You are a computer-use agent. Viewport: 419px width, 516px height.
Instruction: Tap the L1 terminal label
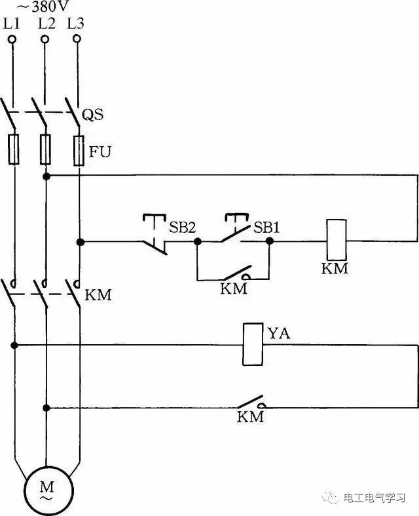tap(12, 24)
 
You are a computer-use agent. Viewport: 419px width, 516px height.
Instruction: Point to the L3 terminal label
tap(77, 24)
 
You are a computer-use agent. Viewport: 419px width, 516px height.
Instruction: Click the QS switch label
tap(93, 116)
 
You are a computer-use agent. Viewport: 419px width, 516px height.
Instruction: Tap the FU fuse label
tap(100, 153)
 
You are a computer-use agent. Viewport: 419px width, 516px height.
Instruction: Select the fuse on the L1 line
tap(13, 149)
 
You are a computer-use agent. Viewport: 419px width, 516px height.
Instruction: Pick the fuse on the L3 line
tap(79, 149)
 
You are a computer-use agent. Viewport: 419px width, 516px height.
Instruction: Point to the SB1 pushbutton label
tap(266, 227)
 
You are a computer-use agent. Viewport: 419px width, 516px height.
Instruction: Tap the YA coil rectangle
tap(252, 344)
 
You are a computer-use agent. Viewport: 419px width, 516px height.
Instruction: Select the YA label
tap(278, 334)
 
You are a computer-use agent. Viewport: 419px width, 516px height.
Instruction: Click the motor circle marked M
tap(46, 490)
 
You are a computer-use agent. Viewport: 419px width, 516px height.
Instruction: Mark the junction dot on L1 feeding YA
tap(13, 344)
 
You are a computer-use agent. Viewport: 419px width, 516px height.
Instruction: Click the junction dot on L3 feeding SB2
tap(79, 242)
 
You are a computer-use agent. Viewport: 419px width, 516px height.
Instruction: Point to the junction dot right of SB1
tap(269, 241)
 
